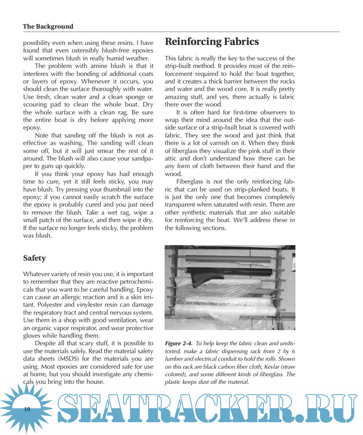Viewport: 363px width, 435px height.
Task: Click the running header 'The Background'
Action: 48,27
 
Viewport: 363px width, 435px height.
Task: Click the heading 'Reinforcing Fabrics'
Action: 212,42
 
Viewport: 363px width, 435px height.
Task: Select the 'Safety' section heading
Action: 34,258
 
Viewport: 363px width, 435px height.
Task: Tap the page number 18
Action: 27,410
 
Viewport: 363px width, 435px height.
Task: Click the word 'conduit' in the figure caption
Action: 226,359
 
